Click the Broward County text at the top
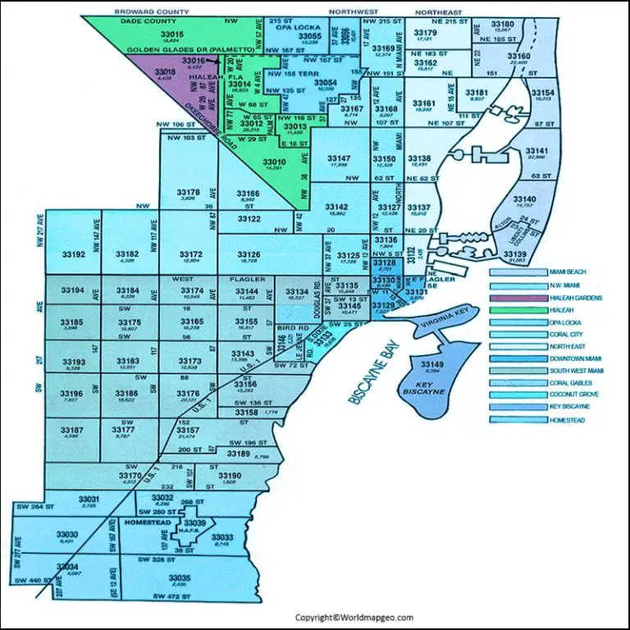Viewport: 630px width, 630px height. tap(153, 12)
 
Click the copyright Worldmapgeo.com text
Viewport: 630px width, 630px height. tap(354, 617)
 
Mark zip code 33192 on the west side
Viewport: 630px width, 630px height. tap(74, 255)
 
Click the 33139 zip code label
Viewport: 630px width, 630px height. tap(515, 255)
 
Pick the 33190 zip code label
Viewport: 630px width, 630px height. tap(231, 476)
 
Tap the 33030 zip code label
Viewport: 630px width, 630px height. tap(67, 534)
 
